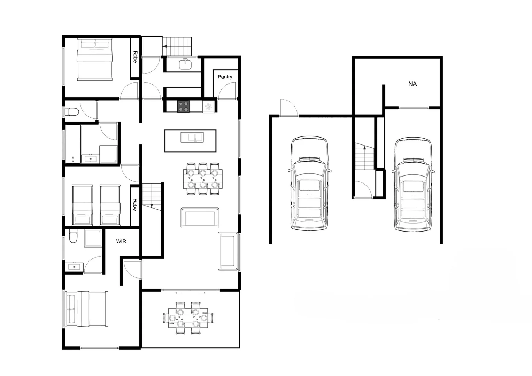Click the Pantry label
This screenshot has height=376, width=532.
pyautogui.click(x=225, y=77)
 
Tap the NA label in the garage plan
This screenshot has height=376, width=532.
pyautogui.click(x=413, y=84)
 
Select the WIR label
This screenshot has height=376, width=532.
pyautogui.click(x=121, y=241)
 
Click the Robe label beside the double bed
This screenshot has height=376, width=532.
pyautogui.click(x=135, y=57)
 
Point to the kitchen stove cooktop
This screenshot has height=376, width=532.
pyautogui.click(x=184, y=106)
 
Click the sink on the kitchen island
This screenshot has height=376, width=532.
pyautogui.click(x=192, y=138)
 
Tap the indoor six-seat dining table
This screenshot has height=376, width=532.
pyautogui.click(x=203, y=179)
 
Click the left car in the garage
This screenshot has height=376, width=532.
pyautogui.click(x=309, y=183)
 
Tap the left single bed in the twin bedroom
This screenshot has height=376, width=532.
pyautogui.click(x=83, y=205)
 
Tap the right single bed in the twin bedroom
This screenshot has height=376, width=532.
pyautogui.click(x=110, y=205)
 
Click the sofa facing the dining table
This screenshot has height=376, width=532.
pyautogui.click(x=200, y=217)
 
